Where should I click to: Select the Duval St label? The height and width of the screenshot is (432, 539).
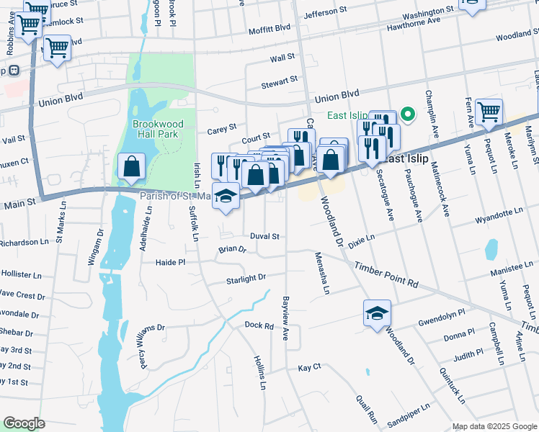pyautogui.click(x=264, y=236)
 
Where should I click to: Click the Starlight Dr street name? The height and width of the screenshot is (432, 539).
pyautogui.click(x=246, y=278)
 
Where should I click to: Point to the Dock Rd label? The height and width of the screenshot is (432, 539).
pyautogui.click(x=259, y=326)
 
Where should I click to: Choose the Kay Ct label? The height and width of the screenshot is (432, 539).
pyautogui.click(x=309, y=368)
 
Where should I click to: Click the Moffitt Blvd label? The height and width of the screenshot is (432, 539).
pyautogui.click(x=270, y=28)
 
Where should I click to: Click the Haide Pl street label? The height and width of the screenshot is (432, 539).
pyautogui.click(x=171, y=263)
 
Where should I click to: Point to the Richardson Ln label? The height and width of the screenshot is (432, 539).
pyautogui.click(x=22, y=243)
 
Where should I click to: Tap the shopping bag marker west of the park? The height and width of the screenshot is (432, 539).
pyautogui.click(x=132, y=166)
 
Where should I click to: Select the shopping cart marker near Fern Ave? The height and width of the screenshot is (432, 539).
pyautogui.click(x=489, y=112)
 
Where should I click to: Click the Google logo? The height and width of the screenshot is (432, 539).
pyautogui.click(x=24, y=423)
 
